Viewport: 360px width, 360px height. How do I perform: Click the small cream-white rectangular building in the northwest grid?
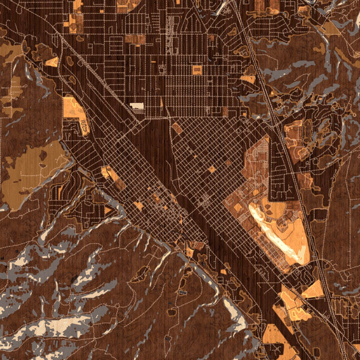[x=137, y=106]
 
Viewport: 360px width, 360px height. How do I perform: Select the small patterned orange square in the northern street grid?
[x=197, y=70]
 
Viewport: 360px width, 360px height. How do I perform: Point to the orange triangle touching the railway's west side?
[x=313, y=290]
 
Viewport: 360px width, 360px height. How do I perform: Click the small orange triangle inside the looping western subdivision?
[x=109, y=211]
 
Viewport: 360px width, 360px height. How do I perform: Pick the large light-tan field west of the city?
[x=27, y=174]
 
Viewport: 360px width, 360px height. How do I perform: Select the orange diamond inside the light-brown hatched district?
[x=238, y=208]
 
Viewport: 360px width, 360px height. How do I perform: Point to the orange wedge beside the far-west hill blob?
[x=52, y=62]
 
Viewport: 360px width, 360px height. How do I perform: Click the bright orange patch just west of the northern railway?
[x=248, y=79]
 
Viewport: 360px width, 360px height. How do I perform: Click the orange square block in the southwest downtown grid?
[x=139, y=205]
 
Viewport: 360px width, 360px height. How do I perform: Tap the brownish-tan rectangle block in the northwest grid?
[x=136, y=40]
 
